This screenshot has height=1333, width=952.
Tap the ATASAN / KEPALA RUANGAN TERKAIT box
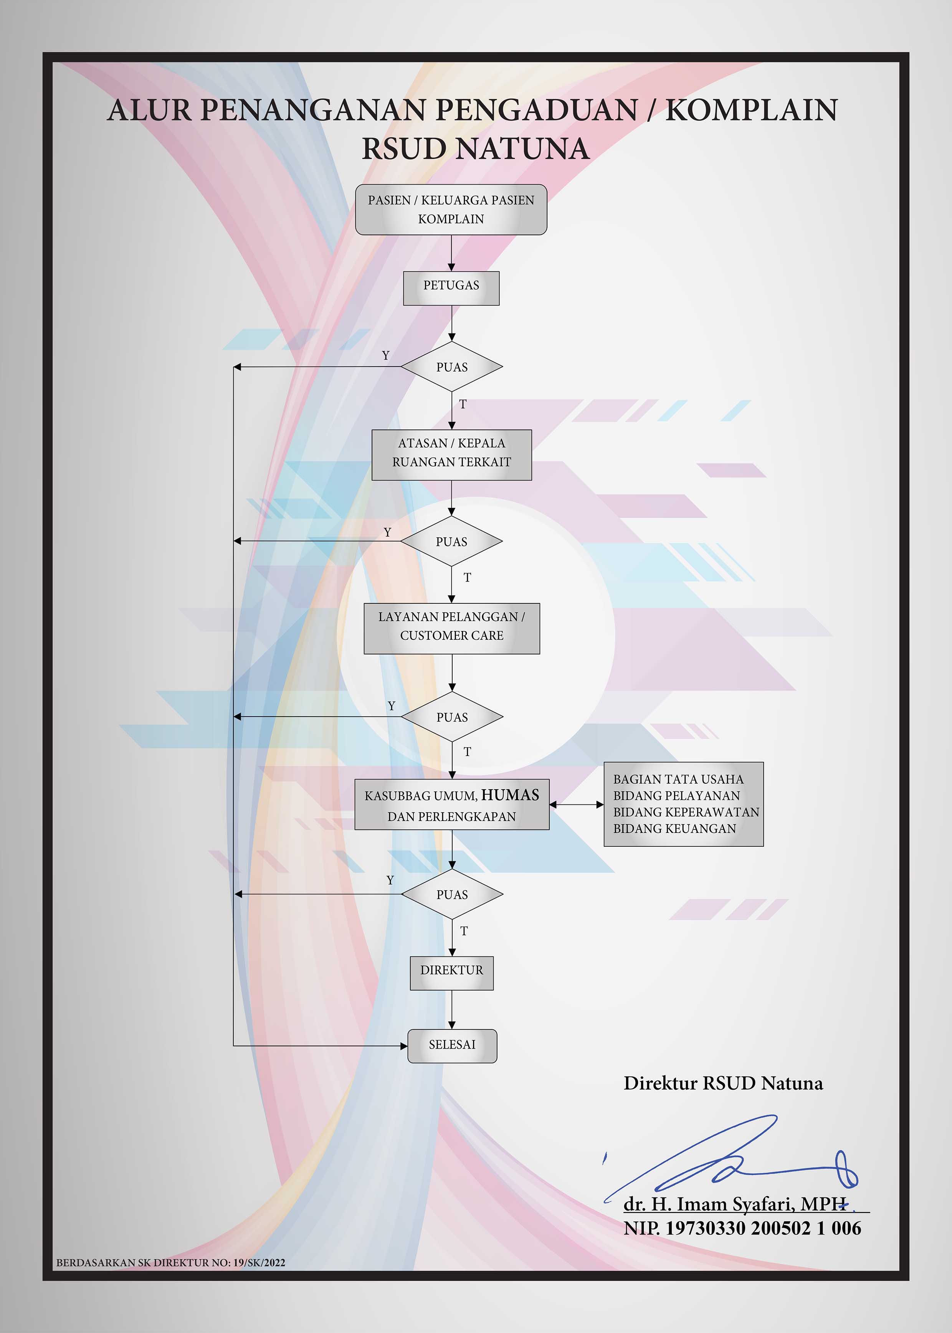451,455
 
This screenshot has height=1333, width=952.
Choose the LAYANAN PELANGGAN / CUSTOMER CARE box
451,628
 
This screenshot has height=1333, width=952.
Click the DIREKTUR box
451,973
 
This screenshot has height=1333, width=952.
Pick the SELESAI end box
452,1046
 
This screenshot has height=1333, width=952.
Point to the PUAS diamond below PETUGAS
451,367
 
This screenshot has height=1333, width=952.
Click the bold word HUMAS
510,795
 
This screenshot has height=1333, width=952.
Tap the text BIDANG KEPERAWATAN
686,812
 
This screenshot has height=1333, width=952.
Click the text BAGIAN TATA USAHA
678,779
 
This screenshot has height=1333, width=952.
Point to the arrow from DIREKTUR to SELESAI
451,1009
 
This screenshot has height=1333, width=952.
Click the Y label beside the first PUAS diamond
385,356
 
